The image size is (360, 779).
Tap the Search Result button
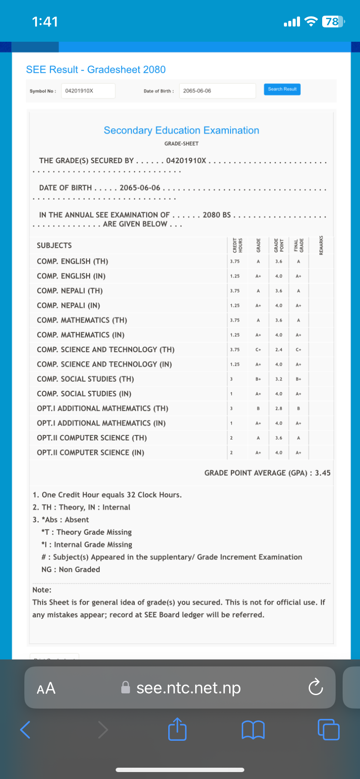click(282, 90)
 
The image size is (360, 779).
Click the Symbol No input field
click(88, 91)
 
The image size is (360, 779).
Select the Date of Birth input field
click(217, 91)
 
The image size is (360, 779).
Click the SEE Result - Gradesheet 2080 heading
click(96, 70)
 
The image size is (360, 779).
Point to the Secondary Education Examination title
click(181, 130)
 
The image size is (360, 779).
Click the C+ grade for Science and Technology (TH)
click(258, 350)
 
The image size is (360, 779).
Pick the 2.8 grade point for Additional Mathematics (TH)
click(279, 409)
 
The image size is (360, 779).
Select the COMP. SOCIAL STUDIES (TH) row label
click(85, 379)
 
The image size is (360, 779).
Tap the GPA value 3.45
click(323, 473)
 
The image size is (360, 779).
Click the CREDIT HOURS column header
click(237, 245)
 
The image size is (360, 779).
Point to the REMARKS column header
click(321, 245)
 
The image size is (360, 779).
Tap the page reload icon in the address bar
click(315, 688)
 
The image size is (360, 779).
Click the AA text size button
click(46, 688)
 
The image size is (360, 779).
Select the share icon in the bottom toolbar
click(177, 729)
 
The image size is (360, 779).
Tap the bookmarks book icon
click(253, 729)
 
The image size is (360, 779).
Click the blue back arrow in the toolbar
click(26, 729)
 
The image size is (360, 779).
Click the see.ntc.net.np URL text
click(188, 688)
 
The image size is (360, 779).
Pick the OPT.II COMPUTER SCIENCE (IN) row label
click(90, 453)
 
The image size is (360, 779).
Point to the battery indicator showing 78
click(333, 21)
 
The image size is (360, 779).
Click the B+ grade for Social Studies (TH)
click(258, 379)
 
